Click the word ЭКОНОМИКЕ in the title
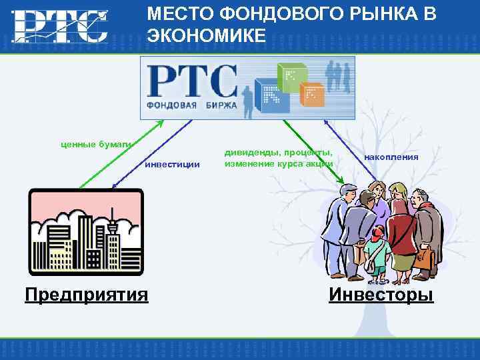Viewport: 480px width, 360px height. [207, 35]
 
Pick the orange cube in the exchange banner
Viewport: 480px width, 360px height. [311, 95]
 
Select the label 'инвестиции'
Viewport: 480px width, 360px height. [172, 164]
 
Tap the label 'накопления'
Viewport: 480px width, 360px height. [391, 157]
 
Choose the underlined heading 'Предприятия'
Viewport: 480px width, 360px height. [86, 294]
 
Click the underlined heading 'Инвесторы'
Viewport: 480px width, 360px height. [381, 294]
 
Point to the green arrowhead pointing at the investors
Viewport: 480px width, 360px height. [341, 180]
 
